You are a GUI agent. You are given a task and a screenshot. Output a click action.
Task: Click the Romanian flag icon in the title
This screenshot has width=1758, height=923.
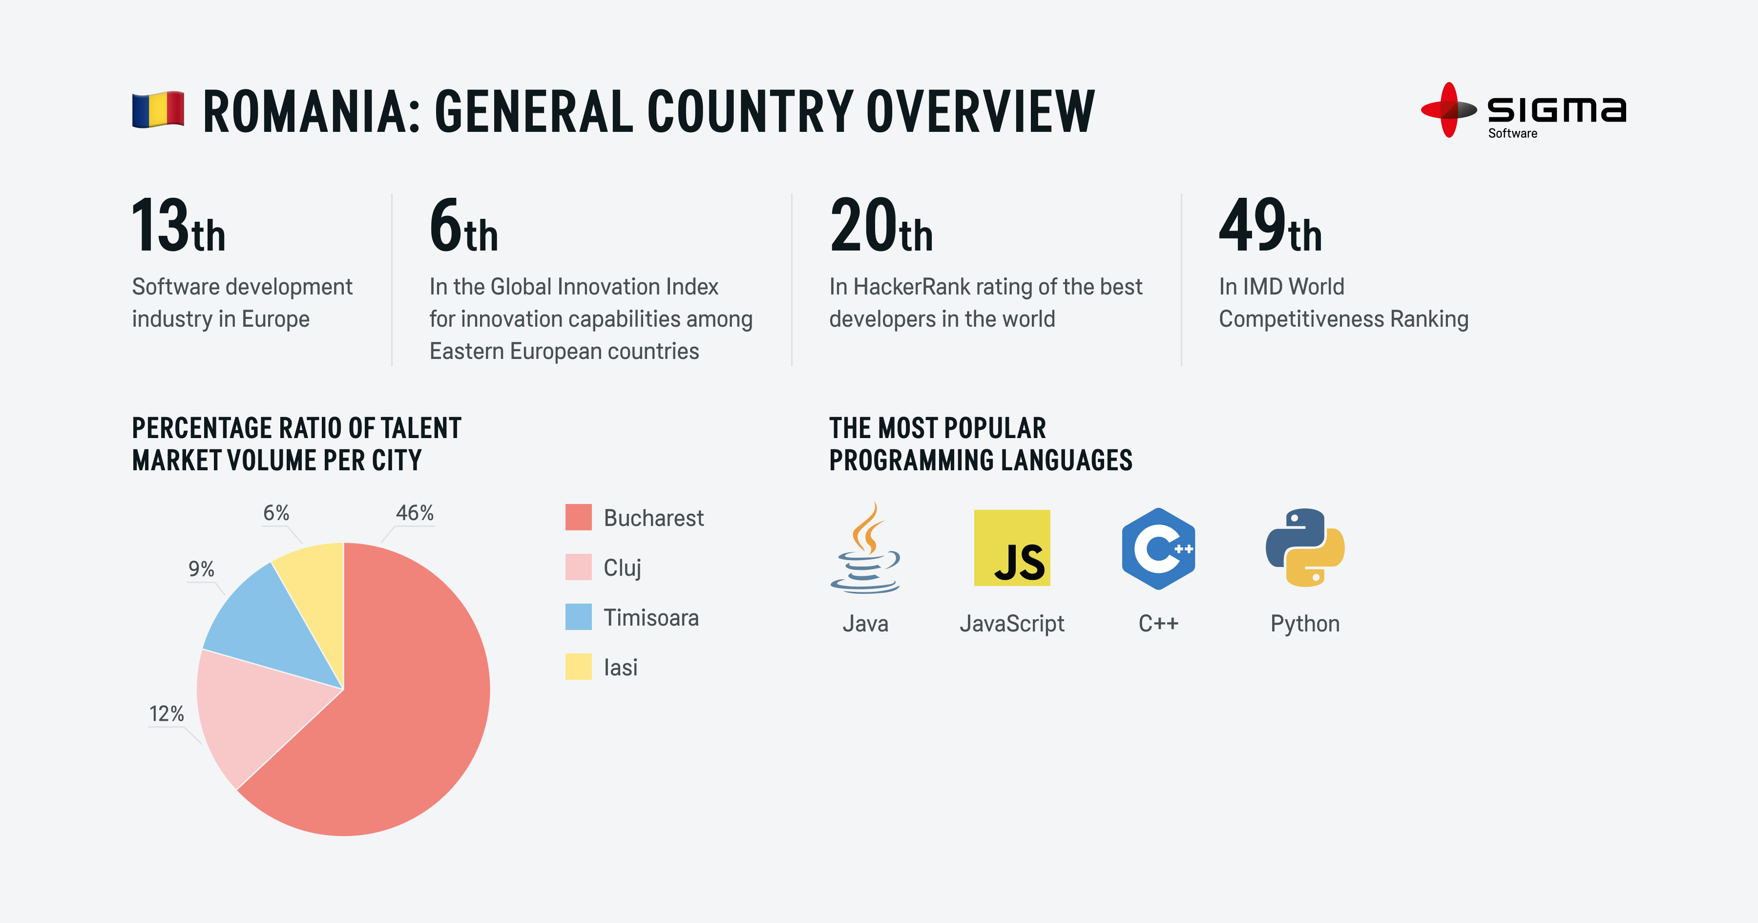pos(158,109)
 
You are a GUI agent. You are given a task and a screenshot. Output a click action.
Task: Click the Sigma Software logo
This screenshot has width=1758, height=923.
pos(1523,110)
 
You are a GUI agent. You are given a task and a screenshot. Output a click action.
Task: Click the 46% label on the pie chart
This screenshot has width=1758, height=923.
pos(414,513)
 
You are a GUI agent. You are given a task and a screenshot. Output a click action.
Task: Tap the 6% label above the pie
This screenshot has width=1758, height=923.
pos(276,513)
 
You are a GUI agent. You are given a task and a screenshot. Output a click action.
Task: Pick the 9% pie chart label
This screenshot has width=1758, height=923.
pos(201,568)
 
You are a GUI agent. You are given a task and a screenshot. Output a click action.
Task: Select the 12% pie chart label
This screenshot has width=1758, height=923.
pos(167,713)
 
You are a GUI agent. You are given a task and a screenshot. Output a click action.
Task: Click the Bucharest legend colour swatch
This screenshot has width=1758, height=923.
pos(578,518)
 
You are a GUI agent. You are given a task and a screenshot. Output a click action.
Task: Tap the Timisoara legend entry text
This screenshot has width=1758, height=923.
pos(651,618)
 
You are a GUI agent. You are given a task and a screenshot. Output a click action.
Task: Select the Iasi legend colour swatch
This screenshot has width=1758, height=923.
pos(578,667)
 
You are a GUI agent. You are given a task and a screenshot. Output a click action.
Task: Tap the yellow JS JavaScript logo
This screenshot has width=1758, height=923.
pos(1011,548)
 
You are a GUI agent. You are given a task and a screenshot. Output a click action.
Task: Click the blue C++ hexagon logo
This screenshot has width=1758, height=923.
pos(1158,548)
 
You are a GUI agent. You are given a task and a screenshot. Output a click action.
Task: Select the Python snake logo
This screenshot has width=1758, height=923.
pos(1305,548)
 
